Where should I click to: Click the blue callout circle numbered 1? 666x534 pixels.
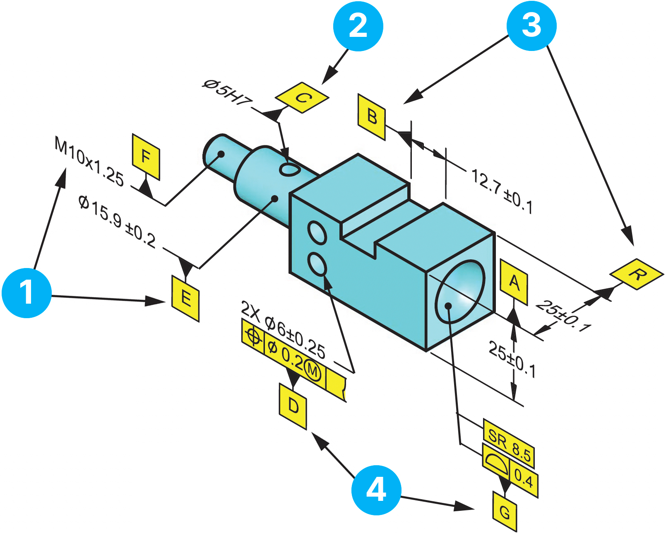pos(26,293)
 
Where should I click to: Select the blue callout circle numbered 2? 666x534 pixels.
pos(358,26)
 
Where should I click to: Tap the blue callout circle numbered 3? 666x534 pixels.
pos(531,26)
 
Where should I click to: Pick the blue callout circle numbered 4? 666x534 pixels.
pos(376,490)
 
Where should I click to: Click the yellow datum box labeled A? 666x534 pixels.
pos(514,283)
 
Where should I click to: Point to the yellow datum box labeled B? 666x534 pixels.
pos(372,117)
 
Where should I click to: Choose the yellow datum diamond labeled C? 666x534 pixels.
pos(302,98)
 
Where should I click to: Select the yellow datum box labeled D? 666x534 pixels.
pos(293,406)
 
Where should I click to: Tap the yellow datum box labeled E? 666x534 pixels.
pos(185,298)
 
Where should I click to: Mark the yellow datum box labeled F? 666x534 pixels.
pos(146,157)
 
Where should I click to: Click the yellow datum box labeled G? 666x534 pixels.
pos(505,512)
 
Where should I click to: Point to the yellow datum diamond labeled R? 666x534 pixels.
pos(637,274)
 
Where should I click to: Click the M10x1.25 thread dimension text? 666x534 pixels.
pos(89,162)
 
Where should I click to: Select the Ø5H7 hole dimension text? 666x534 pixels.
pos(227,93)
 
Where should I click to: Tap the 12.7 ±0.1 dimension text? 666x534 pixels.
pos(502,191)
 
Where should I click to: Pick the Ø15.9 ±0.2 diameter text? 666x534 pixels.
pos(117,222)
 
